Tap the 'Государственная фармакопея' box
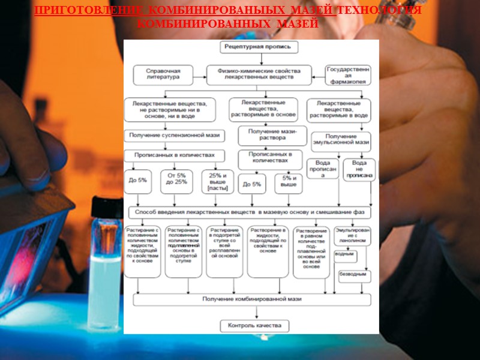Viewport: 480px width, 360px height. point(349,74)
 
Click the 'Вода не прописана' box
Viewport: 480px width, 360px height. point(359,170)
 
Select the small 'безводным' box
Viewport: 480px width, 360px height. point(353,275)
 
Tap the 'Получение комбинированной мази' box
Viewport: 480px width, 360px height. point(252,298)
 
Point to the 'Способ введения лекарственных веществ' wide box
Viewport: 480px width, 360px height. point(250,212)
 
